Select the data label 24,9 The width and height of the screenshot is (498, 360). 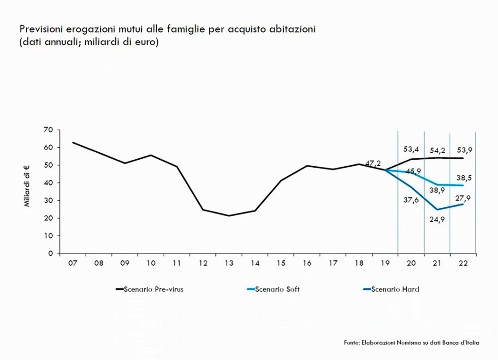pyautogui.click(x=437, y=219)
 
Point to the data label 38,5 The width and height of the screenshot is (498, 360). pyautogui.click(x=463, y=177)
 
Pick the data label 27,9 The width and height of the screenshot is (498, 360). pyautogui.click(x=463, y=198)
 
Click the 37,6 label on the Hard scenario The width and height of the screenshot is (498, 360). pyautogui.click(x=411, y=200)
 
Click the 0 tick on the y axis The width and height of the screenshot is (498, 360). pyautogui.click(x=51, y=253)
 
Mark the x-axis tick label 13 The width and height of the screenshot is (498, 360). pyautogui.click(x=229, y=263)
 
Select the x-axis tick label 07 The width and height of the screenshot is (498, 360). pyautogui.click(x=72, y=263)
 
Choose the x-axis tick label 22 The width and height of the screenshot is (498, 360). pyautogui.click(x=463, y=263)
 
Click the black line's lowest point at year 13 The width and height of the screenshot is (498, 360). pyautogui.click(x=229, y=216)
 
